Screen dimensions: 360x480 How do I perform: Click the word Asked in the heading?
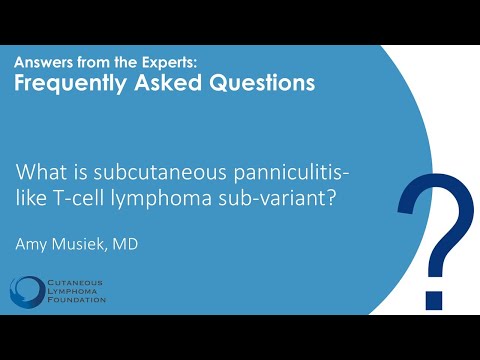(x=161, y=84)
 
